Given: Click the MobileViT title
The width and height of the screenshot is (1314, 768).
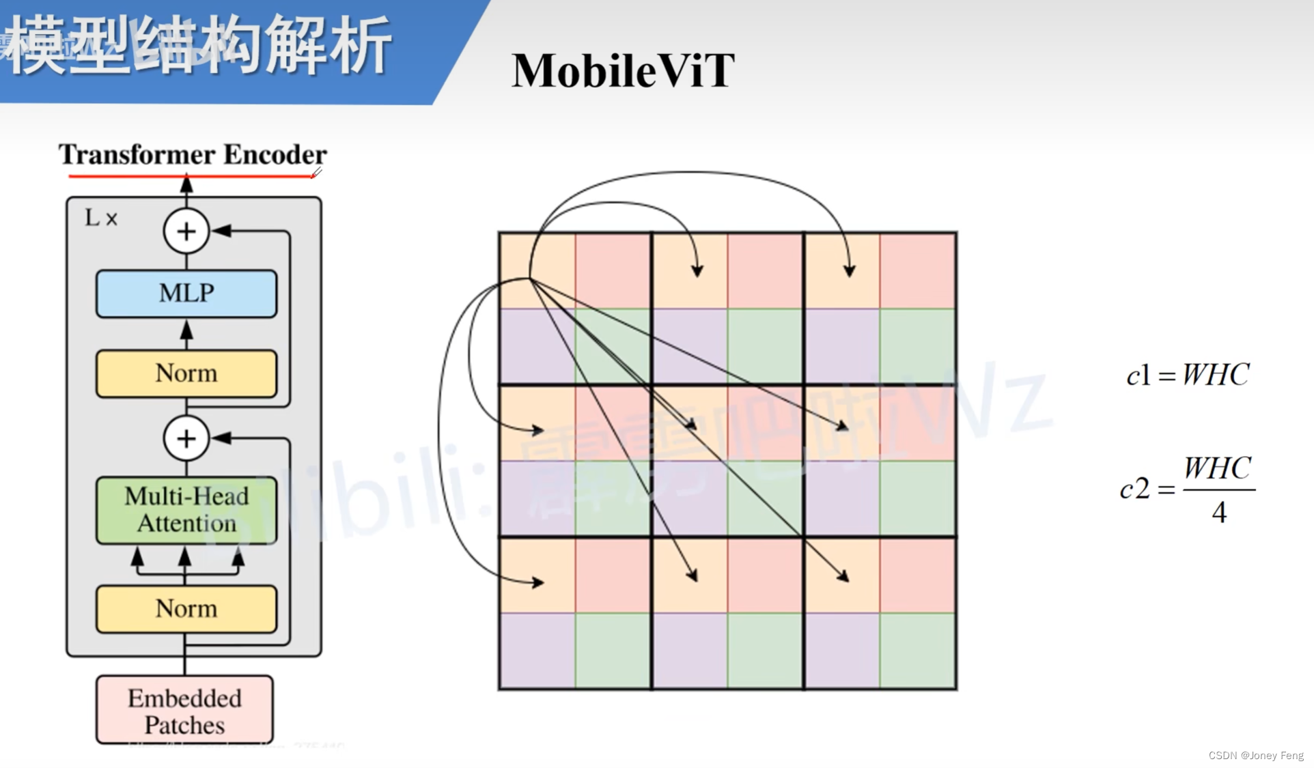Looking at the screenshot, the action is (623, 71).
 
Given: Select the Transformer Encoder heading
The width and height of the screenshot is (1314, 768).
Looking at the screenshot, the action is (193, 155).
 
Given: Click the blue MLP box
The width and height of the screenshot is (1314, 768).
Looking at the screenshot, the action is (186, 294).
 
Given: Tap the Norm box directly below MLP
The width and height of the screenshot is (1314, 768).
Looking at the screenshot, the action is (186, 373).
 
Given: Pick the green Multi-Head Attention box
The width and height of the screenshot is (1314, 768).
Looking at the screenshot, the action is (186, 510).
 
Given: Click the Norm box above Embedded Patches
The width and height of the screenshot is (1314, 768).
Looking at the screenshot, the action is (186, 608).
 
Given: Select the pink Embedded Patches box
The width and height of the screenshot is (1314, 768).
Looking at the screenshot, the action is (184, 711).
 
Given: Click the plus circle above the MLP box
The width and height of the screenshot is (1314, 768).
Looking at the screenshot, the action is (186, 231).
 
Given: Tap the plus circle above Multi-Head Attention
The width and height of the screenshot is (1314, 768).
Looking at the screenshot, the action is (186, 438).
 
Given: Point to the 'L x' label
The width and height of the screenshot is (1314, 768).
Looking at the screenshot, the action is (101, 218).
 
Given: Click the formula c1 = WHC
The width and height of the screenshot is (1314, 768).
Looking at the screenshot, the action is (1188, 375).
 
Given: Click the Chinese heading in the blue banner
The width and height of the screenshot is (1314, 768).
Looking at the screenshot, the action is (198, 46).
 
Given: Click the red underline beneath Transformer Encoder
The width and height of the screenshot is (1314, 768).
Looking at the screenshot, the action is (191, 176).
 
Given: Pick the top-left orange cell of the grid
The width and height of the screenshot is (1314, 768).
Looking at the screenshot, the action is (537, 270).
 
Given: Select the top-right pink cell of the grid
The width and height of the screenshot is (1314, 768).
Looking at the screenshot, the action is (918, 270).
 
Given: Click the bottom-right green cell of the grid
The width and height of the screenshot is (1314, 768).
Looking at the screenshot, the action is (918, 651).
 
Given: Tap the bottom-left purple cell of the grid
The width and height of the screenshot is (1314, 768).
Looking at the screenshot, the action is (537, 651).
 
